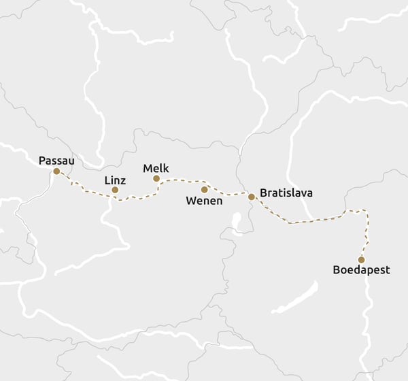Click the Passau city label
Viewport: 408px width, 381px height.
[x=56, y=161]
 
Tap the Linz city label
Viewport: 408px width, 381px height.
[x=114, y=180]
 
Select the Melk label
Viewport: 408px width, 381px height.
[x=156, y=168]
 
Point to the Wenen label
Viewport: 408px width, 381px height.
[x=204, y=201]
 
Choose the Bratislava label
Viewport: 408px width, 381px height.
[x=286, y=193]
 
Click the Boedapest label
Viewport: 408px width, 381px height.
[x=361, y=270]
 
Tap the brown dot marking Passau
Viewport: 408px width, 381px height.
[x=56, y=171]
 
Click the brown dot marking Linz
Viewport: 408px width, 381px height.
[x=115, y=190]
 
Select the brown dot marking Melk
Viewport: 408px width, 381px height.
[x=156, y=178]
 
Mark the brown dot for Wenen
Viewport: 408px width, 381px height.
[x=204, y=189]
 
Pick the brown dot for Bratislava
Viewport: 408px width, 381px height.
[x=252, y=197]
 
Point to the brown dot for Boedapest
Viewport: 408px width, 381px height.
[x=361, y=259]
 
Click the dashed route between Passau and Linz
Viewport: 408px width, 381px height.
[x=85, y=190]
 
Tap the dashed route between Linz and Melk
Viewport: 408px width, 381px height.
[x=139, y=198]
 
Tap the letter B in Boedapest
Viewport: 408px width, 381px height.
[x=336, y=270]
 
